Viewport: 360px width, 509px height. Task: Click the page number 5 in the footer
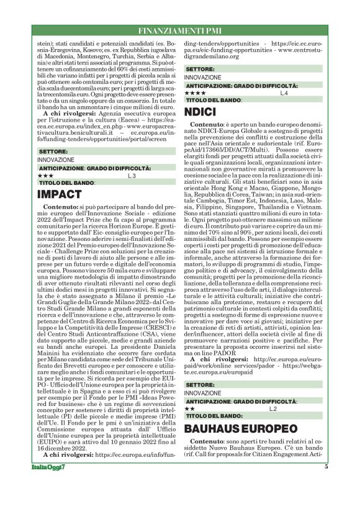pyautogui.click(x=326, y=485)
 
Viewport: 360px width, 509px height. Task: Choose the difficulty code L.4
pyautogui.click(x=284, y=92)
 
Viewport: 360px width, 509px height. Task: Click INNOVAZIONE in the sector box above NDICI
pyautogui.click(x=202, y=76)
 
